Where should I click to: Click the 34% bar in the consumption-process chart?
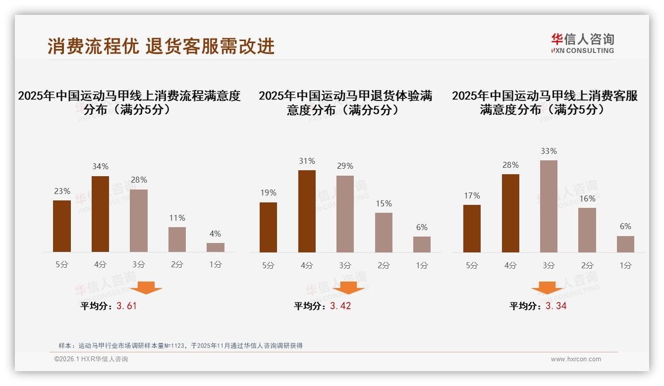(100, 214)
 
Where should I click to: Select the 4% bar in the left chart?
(216, 247)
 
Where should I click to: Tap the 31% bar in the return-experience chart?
(307, 211)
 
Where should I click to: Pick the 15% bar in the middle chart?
(384, 233)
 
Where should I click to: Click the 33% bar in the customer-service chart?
(549, 206)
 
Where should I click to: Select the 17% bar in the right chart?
(472, 229)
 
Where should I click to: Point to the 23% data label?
(62, 191)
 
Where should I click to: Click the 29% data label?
(345, 166)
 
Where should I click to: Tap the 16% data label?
(587, 198)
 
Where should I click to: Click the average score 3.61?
(126, 306)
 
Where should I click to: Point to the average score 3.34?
(556, 306)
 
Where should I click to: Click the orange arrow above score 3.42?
(348, 288)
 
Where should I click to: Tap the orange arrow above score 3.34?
(547, 288)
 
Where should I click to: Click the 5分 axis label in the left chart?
(62, 265)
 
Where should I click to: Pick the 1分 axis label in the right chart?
(625, 265)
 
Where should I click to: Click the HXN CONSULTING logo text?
(583, 50)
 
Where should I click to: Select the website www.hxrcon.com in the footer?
(576, 359)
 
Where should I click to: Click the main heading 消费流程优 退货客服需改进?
(161, 46)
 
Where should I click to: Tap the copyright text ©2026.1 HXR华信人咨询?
(91, 359)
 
